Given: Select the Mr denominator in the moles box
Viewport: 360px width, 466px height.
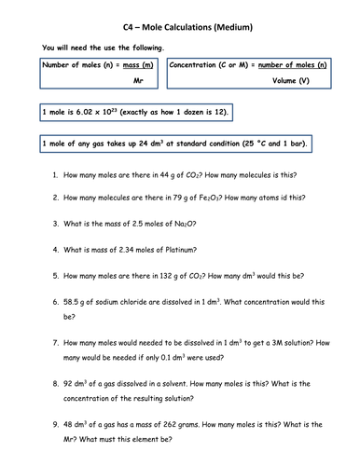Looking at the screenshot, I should click(x=138, y=82).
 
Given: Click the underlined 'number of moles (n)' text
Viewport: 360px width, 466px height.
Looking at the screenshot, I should click(x=288, y=64).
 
